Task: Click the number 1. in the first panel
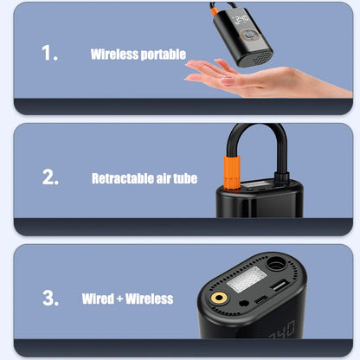(50, 53)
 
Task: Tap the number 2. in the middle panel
(50, 177)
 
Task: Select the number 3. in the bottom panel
(50, 299)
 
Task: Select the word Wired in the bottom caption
(97, 299)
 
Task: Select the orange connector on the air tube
(234, 164)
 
